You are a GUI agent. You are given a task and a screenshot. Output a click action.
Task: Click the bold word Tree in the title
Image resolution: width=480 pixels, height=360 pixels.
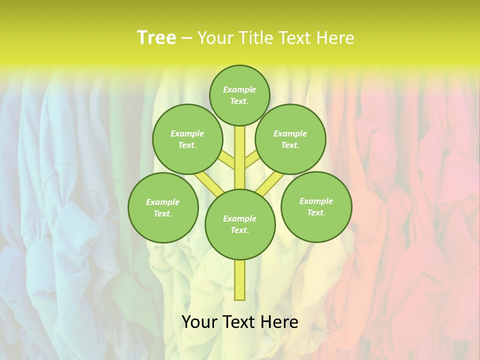pos(156,38)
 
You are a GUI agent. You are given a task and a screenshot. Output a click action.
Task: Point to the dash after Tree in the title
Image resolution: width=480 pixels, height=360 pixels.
pos(186,38)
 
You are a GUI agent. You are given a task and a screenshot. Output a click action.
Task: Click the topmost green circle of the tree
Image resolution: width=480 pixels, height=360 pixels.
pos(239,95)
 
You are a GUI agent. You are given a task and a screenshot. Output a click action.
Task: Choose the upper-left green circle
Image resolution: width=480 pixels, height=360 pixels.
pos(187,139)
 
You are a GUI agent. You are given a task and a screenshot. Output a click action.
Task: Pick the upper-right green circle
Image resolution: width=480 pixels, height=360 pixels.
pos(290,139)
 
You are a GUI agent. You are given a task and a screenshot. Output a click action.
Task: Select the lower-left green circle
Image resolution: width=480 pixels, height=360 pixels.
pos(163,207)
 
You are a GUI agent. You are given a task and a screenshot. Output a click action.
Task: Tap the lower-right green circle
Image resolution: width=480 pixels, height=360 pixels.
pos(316,206)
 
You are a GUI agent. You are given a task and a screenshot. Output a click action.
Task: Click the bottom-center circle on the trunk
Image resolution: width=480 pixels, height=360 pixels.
pos(240,224)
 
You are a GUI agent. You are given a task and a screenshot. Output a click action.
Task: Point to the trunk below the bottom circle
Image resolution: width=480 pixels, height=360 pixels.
pos(240,280)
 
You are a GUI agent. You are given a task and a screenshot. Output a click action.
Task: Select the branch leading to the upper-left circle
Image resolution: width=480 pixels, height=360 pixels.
pos(227,160)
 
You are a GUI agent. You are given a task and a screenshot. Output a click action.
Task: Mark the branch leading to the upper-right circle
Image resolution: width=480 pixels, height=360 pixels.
pos(251,160)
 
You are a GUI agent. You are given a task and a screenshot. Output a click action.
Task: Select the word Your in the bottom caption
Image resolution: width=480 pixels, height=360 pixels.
pos(199,322)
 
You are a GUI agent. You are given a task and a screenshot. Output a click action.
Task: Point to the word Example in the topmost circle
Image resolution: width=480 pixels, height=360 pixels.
pos(239,89)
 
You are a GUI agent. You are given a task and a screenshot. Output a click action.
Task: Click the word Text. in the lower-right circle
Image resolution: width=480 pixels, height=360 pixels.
pos(316,212)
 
